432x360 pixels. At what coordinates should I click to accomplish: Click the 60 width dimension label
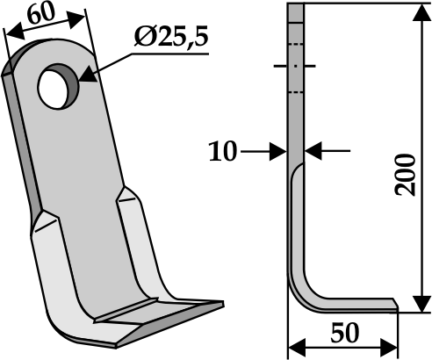(x=41, y=14)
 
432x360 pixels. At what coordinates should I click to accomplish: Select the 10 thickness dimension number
(x=224, y=152)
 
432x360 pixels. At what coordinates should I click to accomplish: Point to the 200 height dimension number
(x=407, y=176)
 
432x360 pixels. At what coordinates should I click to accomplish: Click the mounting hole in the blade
(x=58, y=84)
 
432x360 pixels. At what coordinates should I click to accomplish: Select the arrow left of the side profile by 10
(x=279, y=152)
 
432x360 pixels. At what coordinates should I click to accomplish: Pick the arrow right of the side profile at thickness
(x=311, y=152)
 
